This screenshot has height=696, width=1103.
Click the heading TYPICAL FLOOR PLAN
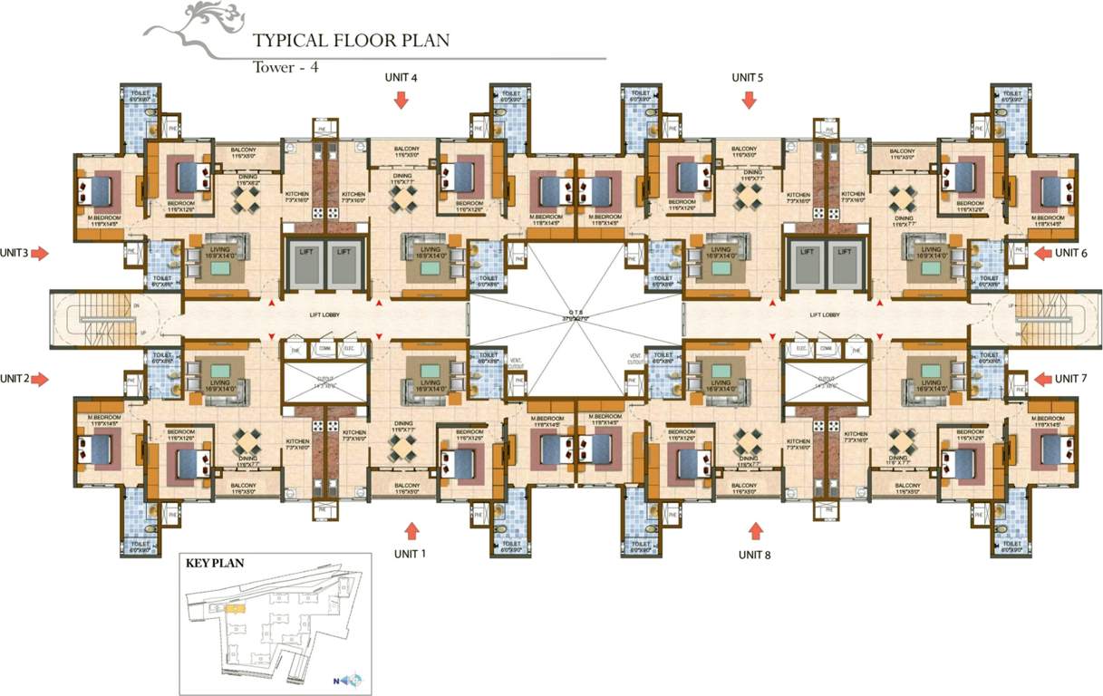[x=351, y=41]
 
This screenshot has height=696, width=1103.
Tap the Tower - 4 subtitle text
[x=285, y=67]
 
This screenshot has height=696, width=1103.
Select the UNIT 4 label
[x=400, y=78]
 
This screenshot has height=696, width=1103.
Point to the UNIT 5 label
[x=748, y=78]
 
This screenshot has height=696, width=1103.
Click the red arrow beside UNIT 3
[x=40, y=255]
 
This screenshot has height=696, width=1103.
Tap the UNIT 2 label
[x=15, y=378]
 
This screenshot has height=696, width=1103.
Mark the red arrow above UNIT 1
[x=412, y=530]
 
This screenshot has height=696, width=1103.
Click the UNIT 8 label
[x=754, y=554]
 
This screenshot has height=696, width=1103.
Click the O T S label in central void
[x=576, y=314]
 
